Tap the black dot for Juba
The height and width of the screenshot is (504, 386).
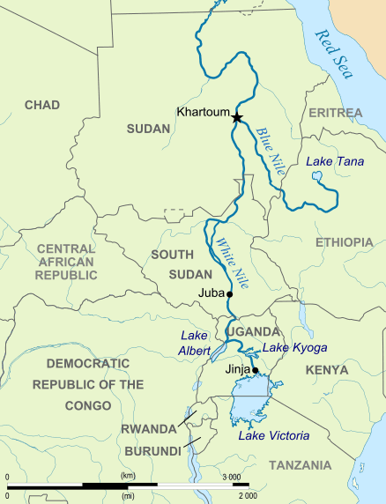coord(229,293)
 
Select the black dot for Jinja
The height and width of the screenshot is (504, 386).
coord(256,370)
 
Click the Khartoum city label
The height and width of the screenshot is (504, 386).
coord(202,113)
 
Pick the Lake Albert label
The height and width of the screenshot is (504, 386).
coord(194,343)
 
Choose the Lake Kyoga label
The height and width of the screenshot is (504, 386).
coord(289,349)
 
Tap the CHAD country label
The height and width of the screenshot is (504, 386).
coord(41,105)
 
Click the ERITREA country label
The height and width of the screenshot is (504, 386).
coord(335,114)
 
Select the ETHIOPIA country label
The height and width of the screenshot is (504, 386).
coord(344,241)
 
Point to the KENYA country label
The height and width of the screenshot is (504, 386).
coord(327,370)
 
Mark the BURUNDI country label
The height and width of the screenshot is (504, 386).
coord(152,450)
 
